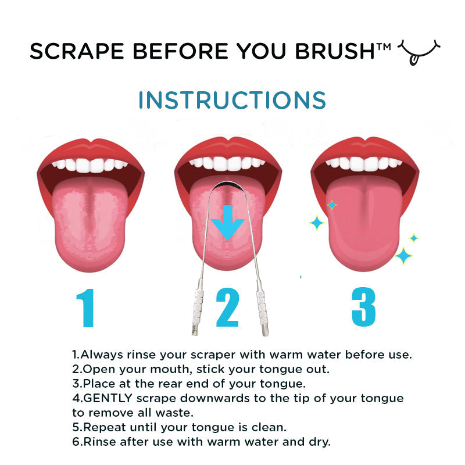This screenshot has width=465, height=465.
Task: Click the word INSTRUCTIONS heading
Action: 232,100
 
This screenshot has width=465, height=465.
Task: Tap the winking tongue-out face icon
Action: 417,52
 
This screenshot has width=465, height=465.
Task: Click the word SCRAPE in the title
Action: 68,52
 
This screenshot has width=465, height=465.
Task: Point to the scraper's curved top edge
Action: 228,184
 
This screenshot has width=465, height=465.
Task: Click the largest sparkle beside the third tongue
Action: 403,255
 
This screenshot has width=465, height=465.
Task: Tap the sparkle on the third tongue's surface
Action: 332,205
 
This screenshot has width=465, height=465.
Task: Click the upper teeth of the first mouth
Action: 90,164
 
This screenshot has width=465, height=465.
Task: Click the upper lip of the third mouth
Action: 364,148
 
